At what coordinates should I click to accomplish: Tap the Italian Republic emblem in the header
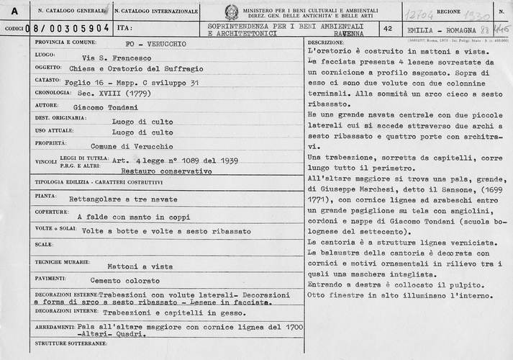click(231, 12)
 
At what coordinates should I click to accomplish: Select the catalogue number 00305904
click(76, 29)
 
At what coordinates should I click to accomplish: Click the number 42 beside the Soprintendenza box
click(389, 29)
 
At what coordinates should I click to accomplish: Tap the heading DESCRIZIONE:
click(324, 43)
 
